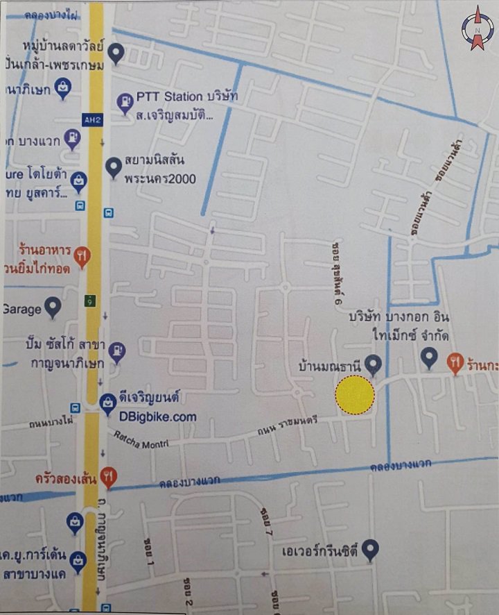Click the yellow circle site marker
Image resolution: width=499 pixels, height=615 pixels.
coord(355,395)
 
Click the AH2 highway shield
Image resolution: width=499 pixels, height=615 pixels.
coord(91,119)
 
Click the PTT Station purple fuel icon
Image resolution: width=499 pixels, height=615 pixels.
coord(124,103)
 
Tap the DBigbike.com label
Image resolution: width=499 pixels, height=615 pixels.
coord(157,417)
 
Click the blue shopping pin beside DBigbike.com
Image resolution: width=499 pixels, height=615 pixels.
coord(107,402)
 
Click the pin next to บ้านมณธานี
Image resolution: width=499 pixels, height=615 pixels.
coord(373,363)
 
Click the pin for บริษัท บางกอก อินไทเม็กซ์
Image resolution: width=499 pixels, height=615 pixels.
coord(429,357)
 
